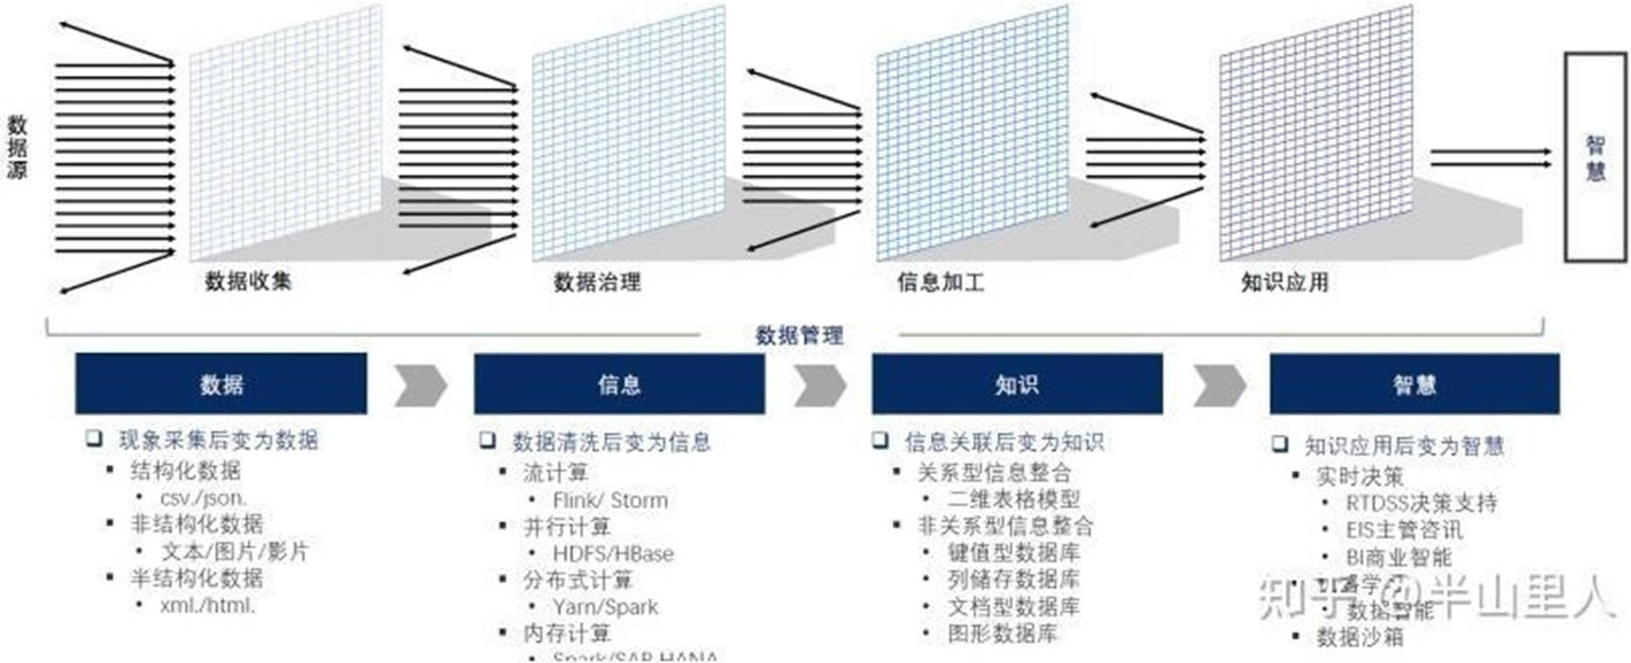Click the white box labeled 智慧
pyautogui.click(x=1594, y=157)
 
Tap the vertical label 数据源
pyautogui.click(x=17, y=147)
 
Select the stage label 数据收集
pyautogui.click(x=248, y=281)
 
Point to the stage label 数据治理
pyautogui.click(x=597, y=282)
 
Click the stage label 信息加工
pyautogui.click(x=940, y=282)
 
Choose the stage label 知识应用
pyautogui.click(x=1284, y=282)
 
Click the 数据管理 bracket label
pyautogui.click(x=799, y=335)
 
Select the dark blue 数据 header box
pyautogui.click(x=221, y=383)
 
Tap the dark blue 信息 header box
pyautogui.click(x=619, y=383)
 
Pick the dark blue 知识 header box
pyautogui.click(x=1017, y=383)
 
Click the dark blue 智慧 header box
pyautogui.click(x=1414, y=383)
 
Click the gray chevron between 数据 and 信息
pyautogui.click(x=420, y=385)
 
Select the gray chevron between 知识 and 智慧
pyautogui.click(x=1218, y=385)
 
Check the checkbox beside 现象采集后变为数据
pyautogui.click(x=93, y=439)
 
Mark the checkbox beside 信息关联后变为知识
pyautogui.click(x=880, y=440)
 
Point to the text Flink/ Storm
pyautogui.click(x=609, y=501)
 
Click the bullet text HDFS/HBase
pyautogui.click(x=613, y=554)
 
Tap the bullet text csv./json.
pyautogui.click(x=203, y=498)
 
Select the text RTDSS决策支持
pyautogui.click(x=1421, y=503)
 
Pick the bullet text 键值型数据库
pyautogui.click(x=1014, y=552)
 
